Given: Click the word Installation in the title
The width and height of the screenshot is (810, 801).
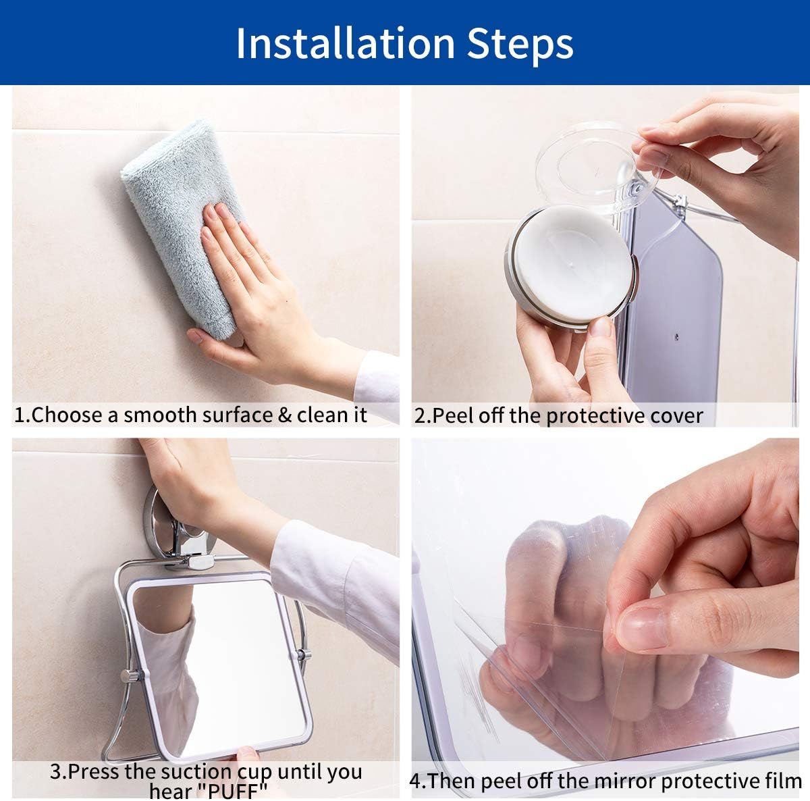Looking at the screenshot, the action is [346, 43].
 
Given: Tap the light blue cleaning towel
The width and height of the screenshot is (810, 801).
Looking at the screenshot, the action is [181, 223].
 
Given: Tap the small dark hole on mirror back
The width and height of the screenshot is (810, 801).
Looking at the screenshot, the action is [676, 336].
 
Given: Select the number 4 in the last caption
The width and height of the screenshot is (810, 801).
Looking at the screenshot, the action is [415, 781].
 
